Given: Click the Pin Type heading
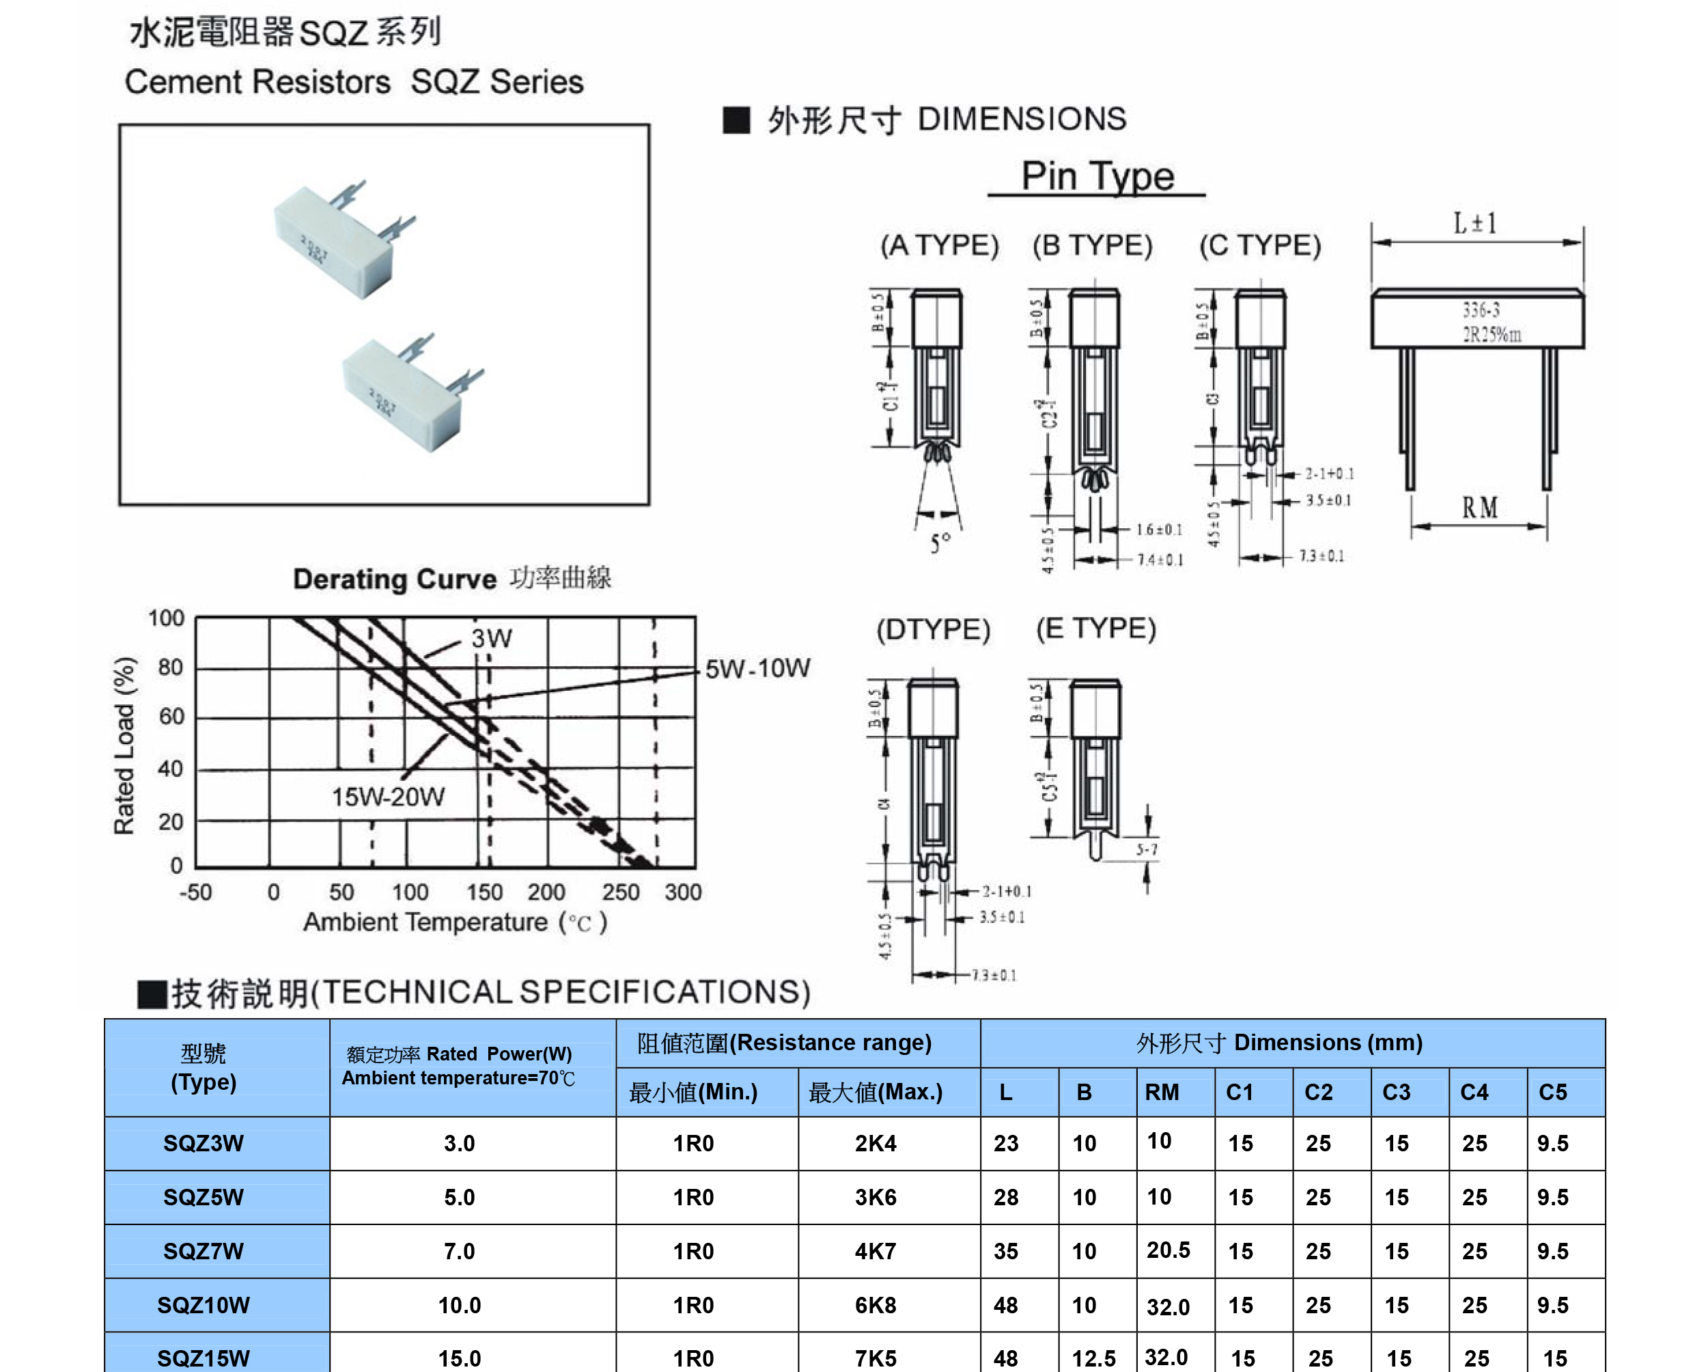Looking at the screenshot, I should tap(1097, 176).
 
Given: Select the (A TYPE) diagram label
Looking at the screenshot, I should tap(939, 245).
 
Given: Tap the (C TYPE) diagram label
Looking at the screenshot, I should tap(1259, 245).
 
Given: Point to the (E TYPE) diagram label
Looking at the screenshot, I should tap(1095, 629).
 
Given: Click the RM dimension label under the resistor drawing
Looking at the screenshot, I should tap(1479, 508).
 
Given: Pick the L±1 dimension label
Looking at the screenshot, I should tap(1475, 223).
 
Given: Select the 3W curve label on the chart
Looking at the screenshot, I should tap(492, 637).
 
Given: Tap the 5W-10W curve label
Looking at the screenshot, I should tap(757, 669).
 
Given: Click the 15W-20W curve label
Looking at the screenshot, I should tap(388, 797).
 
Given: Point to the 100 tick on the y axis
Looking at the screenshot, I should tap(166, 618).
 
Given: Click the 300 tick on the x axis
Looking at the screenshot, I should tap(682, 892).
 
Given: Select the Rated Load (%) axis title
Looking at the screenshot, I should tap(125, 745).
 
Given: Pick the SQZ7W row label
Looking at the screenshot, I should tap(204, 1251).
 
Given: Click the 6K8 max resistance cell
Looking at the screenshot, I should tap(876, 1305).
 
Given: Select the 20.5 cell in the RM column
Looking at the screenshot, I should tap(1168, 1250).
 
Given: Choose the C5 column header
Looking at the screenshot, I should tap(1552, 1093).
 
